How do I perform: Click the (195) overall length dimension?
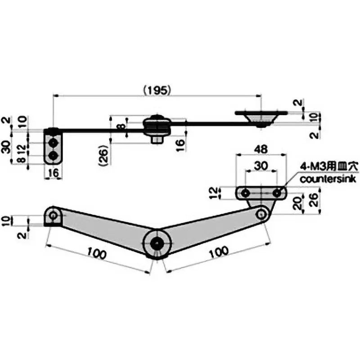click(156, 90)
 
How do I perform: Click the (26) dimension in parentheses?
click(103, 156)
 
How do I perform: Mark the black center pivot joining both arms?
click(157, 243)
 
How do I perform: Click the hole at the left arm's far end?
click(54, 215)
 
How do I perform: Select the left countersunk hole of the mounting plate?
click(245, 193)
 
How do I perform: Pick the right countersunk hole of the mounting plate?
click(278, 193)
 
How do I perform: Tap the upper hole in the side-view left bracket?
click(54, 143)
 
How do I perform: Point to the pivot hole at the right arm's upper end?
click(261, 214)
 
